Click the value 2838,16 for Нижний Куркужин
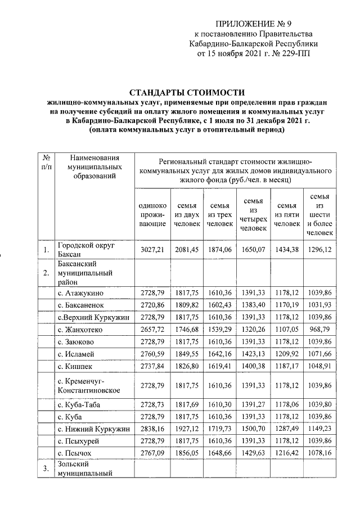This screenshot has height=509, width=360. (152, 428)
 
